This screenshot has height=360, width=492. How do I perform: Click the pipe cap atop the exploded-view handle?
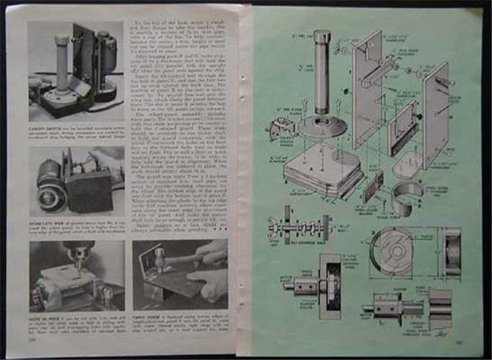[321, 38]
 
